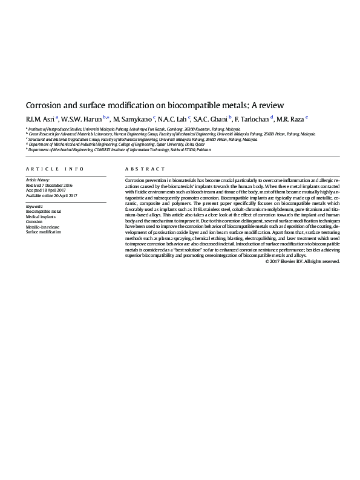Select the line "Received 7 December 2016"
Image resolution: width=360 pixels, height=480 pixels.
[49, 185]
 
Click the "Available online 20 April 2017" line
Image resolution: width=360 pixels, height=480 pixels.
[51, 196]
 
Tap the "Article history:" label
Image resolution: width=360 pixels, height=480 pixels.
[38, 180]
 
